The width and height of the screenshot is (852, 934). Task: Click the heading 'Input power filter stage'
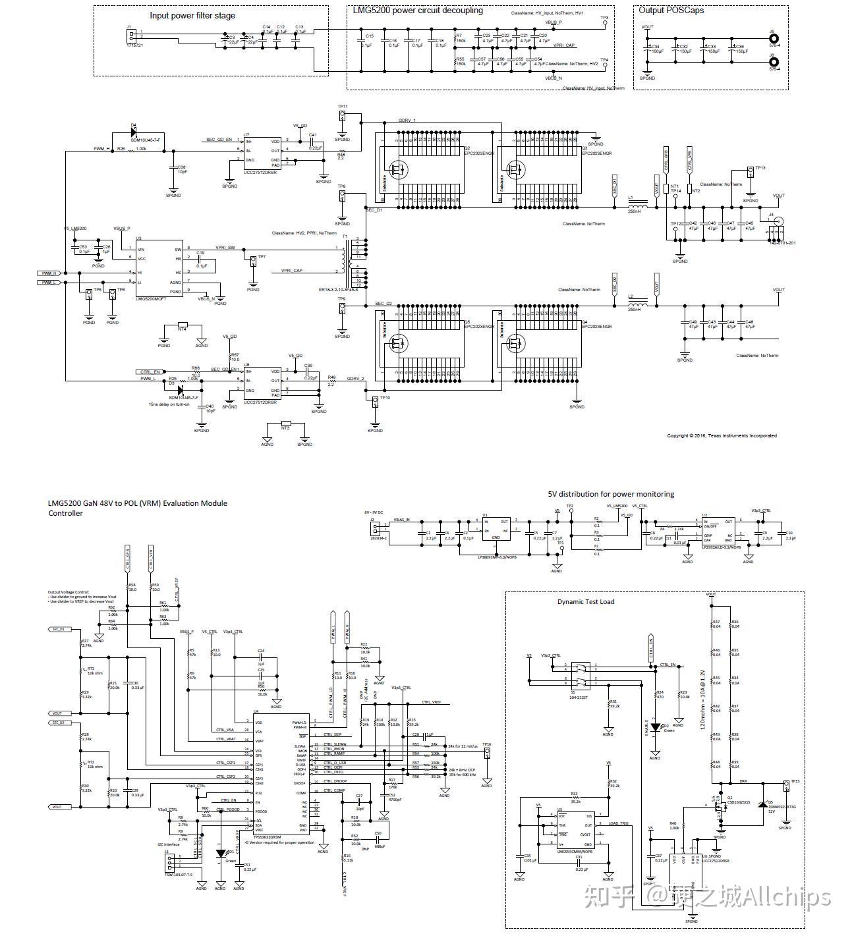(192, 15)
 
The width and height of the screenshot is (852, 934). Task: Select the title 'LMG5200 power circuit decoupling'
(418, 10)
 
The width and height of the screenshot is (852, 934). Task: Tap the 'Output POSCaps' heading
(671, 10)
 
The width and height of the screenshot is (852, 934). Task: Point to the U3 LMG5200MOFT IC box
(158, 270)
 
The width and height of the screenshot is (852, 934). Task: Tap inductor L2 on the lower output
(637, 304)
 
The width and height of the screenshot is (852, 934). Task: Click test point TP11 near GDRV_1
(342, 116)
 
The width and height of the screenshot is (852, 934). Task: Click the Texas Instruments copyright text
(722, 435)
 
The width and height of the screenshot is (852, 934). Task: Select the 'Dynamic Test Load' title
(586, 601)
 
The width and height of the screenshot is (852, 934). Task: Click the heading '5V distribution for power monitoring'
(611, 493)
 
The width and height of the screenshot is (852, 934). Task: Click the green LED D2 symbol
(655, 727)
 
